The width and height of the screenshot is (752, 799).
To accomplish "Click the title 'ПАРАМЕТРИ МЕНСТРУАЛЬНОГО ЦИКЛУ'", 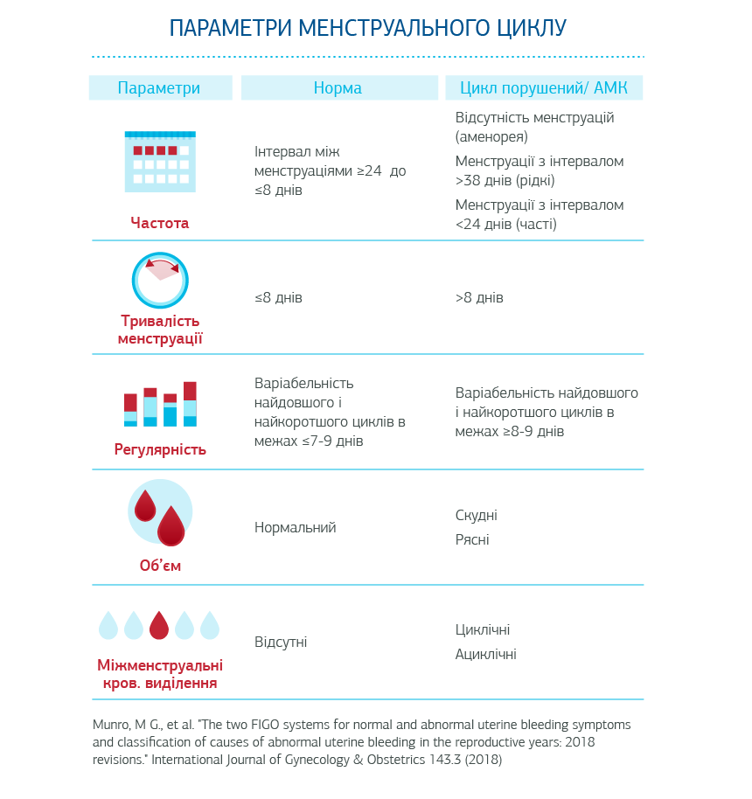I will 367,27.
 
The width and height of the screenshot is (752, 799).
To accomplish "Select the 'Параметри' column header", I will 159,88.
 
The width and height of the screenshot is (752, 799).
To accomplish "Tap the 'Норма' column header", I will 338,88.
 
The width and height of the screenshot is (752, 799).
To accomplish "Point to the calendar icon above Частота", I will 160,162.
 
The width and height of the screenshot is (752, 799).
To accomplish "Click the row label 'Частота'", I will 159,223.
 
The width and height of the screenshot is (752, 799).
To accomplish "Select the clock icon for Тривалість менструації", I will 161,281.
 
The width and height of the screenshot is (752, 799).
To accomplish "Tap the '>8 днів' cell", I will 479,298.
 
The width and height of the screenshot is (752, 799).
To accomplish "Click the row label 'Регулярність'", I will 160,450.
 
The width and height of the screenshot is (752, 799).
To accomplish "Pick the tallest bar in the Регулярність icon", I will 190,404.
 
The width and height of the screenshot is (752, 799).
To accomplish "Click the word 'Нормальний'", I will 295,528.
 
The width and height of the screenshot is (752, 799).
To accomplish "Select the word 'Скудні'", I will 477,516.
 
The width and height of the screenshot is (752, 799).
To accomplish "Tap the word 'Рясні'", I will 472,540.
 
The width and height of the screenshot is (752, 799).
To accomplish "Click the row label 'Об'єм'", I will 160,566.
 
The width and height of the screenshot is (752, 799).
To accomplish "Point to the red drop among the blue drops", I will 159,625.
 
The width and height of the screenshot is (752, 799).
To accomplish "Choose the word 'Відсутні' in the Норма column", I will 281,643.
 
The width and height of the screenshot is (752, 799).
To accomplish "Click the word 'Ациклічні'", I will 485,655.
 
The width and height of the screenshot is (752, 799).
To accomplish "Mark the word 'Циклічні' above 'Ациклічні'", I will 483,630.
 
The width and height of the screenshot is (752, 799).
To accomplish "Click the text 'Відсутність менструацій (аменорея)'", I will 534,127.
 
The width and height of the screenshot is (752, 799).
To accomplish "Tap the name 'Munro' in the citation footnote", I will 111,726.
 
